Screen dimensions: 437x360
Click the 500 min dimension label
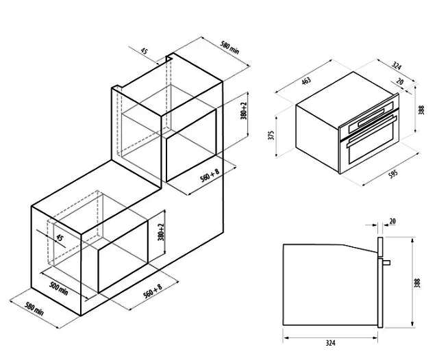click(x=58, y=288)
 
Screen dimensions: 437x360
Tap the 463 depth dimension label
click(x=305, y=81)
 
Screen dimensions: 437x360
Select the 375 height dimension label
click(x=272, y=135)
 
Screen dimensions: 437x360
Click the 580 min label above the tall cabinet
click(x=230, y=47)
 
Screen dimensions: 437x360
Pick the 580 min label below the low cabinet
click(x=34, y=309)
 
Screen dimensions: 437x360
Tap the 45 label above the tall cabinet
click(x=144, y=51)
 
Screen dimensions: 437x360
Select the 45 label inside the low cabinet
click(x=60, y=237)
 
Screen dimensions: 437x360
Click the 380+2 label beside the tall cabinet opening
click(x=244, y=111)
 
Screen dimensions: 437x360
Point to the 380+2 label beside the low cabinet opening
click(x=162, y=232)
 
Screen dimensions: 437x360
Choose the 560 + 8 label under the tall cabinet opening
click(x=210, y=175)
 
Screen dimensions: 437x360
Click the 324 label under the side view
click(x=330, y=343)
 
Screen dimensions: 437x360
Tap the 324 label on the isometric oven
click(x=397, y=66)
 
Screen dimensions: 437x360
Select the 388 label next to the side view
click(x=417, y=283)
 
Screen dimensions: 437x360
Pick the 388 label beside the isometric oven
click(x=421, y=110)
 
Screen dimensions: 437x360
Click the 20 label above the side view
click(x=392, y=221)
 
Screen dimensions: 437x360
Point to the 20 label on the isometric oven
click(x=399, y=81)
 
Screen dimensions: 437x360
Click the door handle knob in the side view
click(x=387, y=262)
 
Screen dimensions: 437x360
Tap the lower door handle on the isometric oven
click(x=371, y=132)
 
